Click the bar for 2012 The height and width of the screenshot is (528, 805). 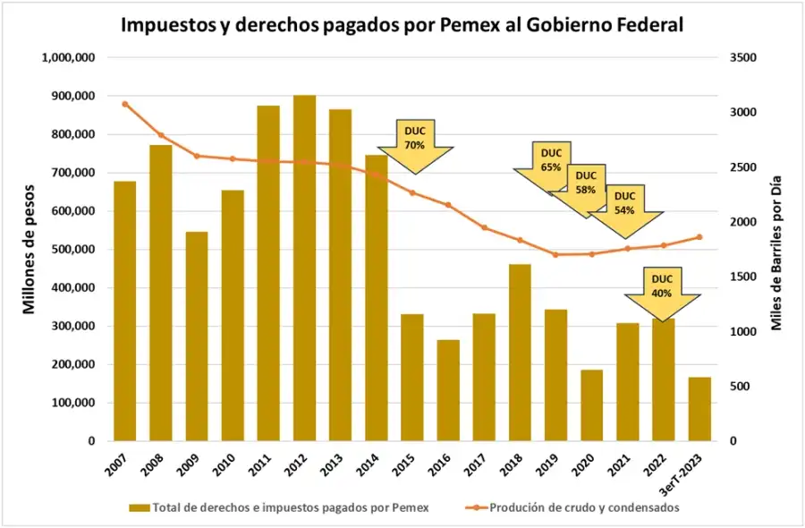pyautogui.click(x=304, y=268)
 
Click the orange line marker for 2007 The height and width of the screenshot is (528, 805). pyautogui.click(x=125, y=104)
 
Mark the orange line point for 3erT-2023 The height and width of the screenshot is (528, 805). pyautogui.click(x=699, y=237)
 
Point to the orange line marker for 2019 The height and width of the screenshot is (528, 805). pyautogui.click(x=555, y=254)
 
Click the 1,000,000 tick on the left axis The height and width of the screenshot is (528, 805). pyautogui.click(x=69, y=57)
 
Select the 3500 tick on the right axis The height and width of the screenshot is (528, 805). pyautogui.click(x=744, y=57)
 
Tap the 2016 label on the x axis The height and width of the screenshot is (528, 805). pyautogui.click(x=445, y=465)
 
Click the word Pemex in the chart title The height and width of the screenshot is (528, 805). pyautogui.click(x=471, y=25)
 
